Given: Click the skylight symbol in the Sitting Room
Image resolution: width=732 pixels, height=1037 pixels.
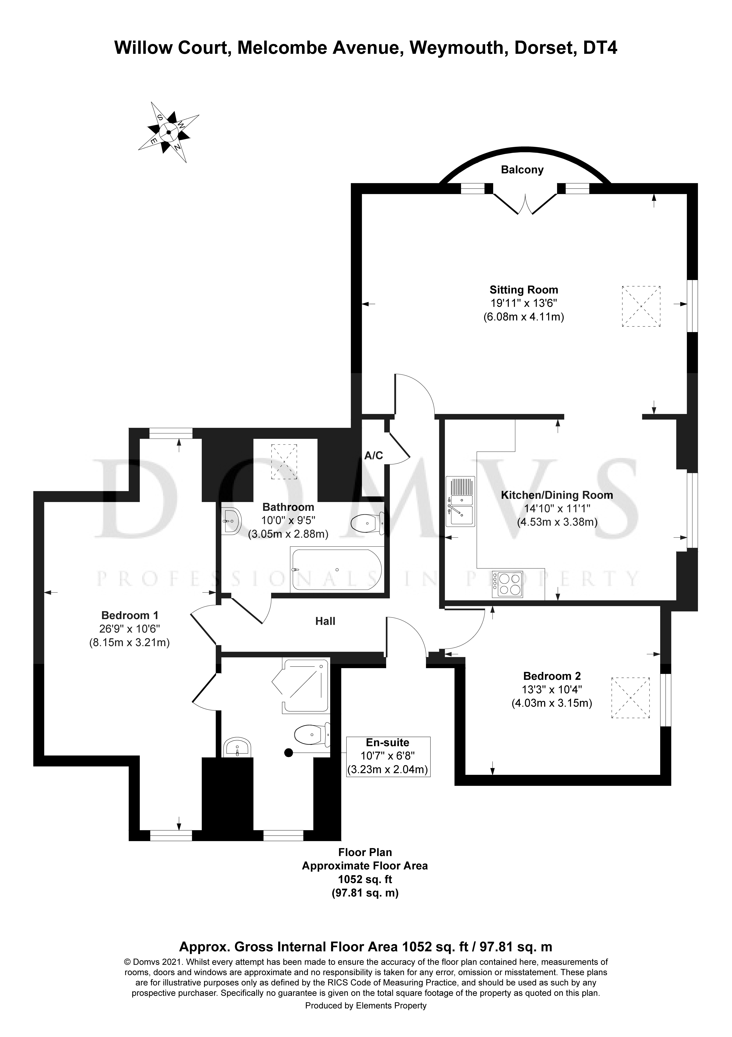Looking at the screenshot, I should pyautogui.click(x=641, y=306).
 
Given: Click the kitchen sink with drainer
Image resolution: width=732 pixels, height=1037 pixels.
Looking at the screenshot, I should pyautogui.click(x=460, y=501).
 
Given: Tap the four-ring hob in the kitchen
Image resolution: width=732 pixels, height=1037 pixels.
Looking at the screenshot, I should pyautogui.click(x=508, y=584).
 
